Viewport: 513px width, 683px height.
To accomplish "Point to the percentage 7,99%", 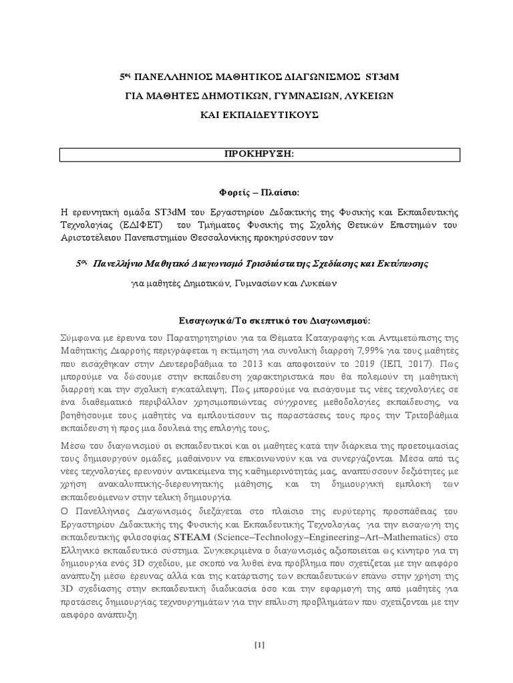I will click(x=344, y=352).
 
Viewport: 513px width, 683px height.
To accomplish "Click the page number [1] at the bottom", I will click(x=259, y=644).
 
